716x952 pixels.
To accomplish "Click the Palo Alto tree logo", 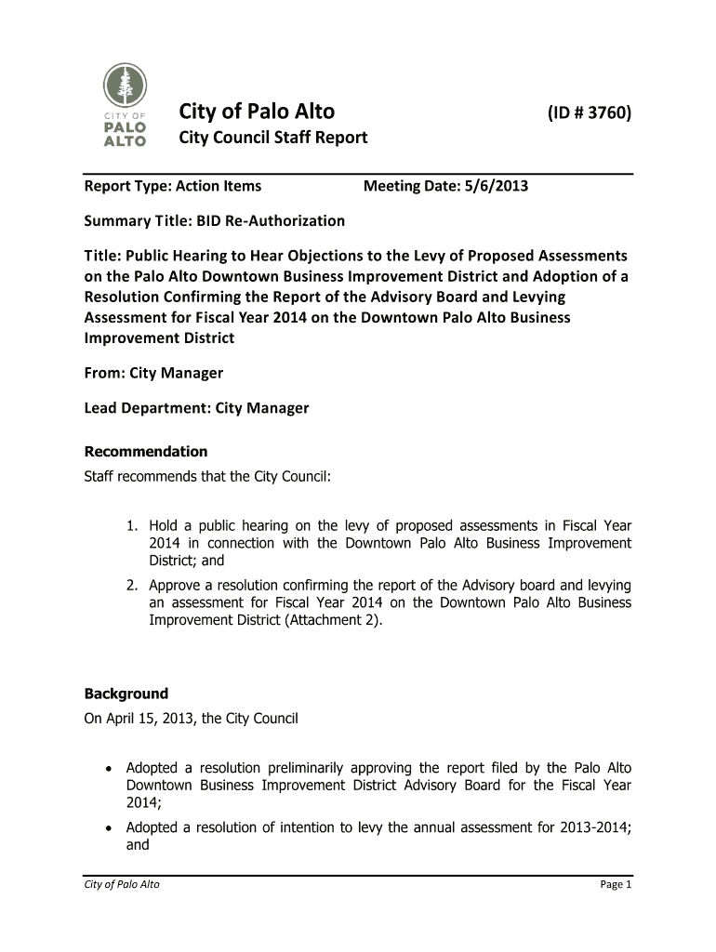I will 123,105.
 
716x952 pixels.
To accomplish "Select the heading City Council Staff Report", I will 272,139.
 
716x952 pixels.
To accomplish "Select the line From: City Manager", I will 153,373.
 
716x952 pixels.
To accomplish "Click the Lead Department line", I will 196,408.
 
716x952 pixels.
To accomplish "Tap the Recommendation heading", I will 146,452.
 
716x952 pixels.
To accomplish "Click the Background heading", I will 126,694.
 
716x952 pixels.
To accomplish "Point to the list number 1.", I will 133,525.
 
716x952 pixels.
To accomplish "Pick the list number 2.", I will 133,585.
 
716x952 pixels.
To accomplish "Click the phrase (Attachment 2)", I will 335,620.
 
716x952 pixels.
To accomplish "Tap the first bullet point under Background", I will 110,769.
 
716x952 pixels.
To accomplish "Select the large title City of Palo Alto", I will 257,112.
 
